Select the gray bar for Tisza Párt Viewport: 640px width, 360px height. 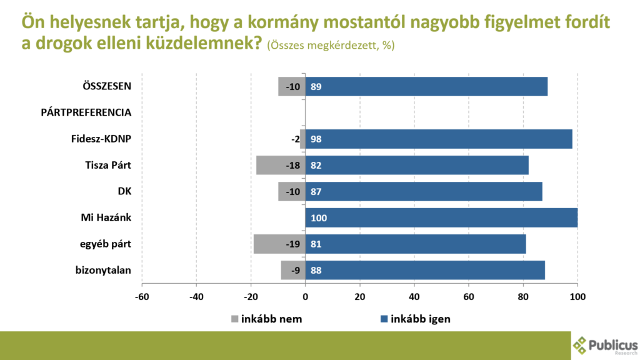click(x=281, y=165)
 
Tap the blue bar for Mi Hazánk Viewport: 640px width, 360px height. click(x=441, y=217)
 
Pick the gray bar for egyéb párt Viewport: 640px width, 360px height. click(x=279, y=244)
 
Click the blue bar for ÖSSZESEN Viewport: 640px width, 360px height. click(x=426, y=86)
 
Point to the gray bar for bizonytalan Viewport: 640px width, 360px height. click(x=293, y=270)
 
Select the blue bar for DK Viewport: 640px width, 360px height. click(x=424, y=191)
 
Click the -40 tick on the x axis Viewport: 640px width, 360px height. click(x=196, y=297)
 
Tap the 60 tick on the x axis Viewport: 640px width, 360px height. click(x=469, y=297)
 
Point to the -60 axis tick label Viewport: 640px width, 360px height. click(x=142, y=297)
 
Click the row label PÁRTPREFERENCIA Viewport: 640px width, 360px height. click(x=86, y=112)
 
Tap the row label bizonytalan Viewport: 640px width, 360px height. click(x=102, y=270)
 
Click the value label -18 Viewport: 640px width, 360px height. click(x=292, y=166)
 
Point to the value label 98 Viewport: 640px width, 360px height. click(x=316, y=139)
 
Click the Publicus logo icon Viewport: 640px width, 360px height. click(x=581, y=345)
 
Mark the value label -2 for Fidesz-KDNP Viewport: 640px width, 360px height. click(x=295, y=139)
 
